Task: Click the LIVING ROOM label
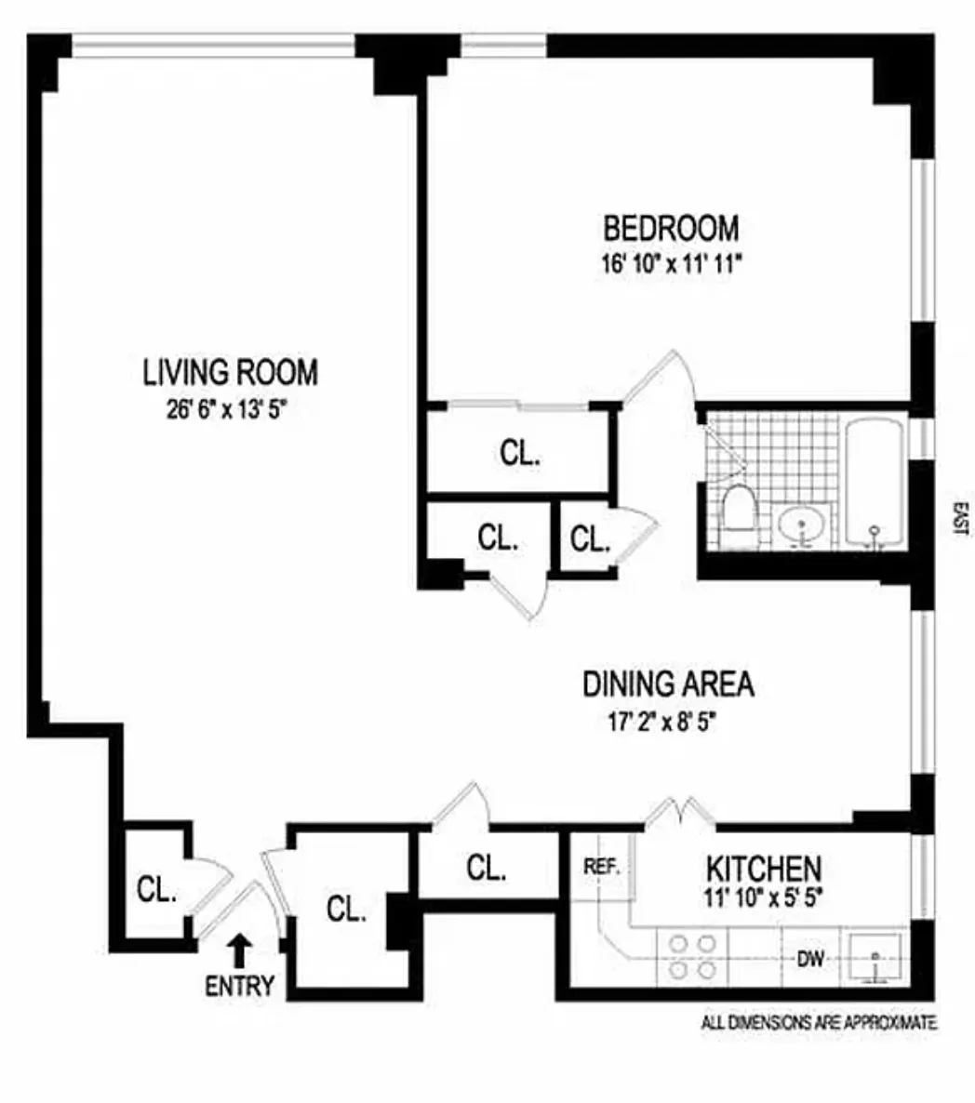pyautogui.click(x=230, y=372)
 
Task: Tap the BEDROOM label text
pyautogui.click(x=671, y=228)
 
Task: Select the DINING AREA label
pyautogui.click(x=668, y=684)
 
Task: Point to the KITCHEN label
pyautogui.click(x=763, y=870)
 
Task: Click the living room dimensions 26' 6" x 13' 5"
pyautogui.click(x=230, y=410)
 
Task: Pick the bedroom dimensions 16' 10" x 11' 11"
pyautogui.click(x=671, y=263)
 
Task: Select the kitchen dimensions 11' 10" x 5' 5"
pyautogui.click(x=763, y=899)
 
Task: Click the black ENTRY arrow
pyautogui.click(x=239, y=950)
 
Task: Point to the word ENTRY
pyautogui.click(x=240, y=986)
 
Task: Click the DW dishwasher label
pyautogui.click(x=810, y=959)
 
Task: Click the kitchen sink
pyautogui.click(x=875, y=956)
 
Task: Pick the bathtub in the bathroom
pyautogui.click(x=874, y=484)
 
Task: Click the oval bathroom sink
pyautogui.click(x=802, y=526)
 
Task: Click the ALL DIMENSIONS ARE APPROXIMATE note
pyautogui.click(x=819, y=1023)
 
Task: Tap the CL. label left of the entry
pyautogui.click(x=155, y=890)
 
